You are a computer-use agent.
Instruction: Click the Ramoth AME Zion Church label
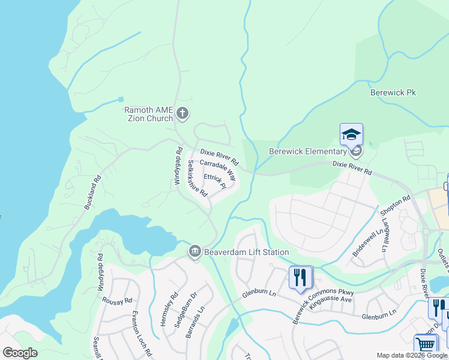click(x=148, y=114)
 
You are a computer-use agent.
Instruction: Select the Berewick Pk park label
click(x=393, y=93)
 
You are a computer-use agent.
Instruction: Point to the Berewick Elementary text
click(x=307, y=151)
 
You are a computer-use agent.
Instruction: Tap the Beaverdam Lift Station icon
click(x=194, y=252)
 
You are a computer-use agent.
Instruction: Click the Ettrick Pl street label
click(x=214, y=181)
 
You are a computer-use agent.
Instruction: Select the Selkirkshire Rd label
click(x=197, y=178)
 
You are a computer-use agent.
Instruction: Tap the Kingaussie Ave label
click(x=331, y=298)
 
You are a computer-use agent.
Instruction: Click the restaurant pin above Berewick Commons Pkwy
click(x=301, y=277)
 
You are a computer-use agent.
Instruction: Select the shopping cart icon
click(x=426, y=344)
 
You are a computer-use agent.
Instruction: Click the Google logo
click(x=20, y=353)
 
